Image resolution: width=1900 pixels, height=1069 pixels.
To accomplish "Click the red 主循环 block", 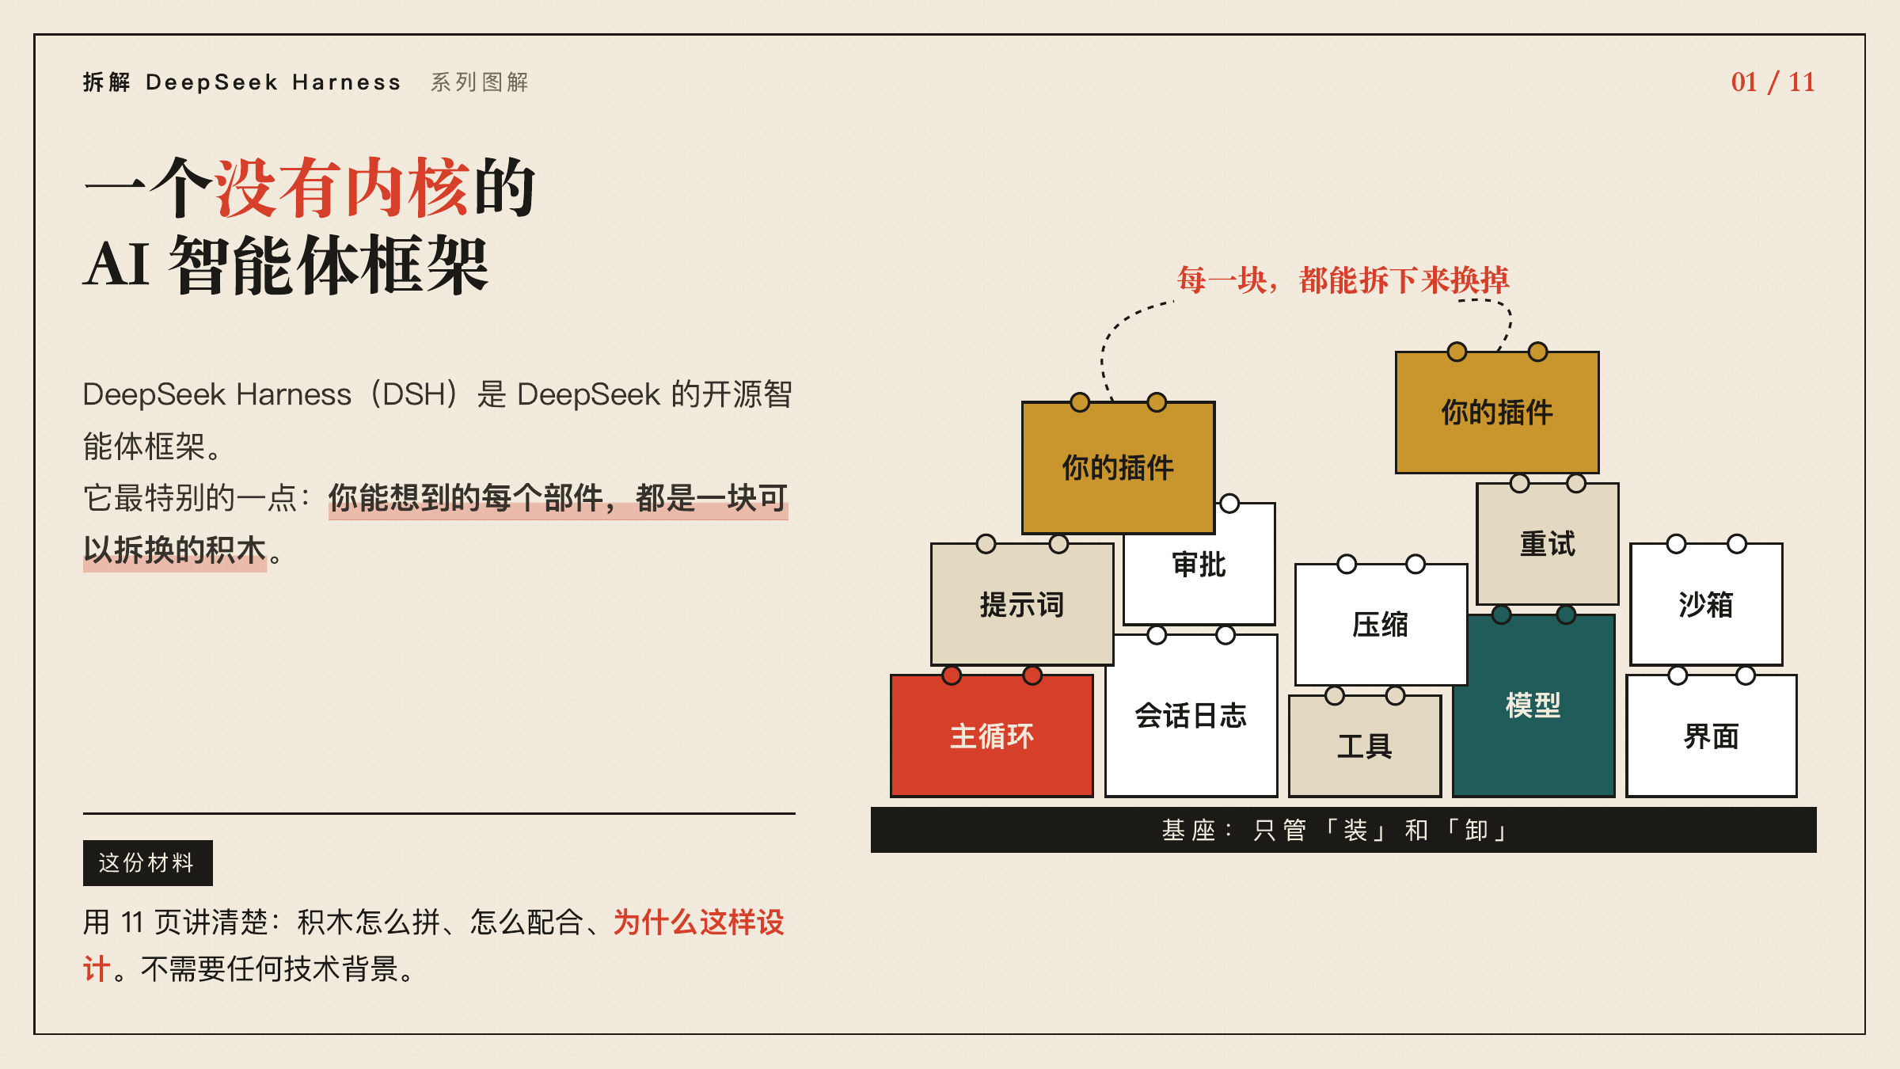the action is (x=992, y=736).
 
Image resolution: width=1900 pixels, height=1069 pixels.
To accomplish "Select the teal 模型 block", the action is (x=1533, y=706).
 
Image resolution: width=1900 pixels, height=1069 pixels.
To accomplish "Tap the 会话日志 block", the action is (x=1191, y=715).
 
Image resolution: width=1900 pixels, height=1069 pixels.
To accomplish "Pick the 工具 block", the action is (x=1365, y=746).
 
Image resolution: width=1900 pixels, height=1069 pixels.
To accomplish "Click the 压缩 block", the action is (x=1381, y=625).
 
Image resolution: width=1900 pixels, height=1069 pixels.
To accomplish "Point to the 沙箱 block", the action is (x=1706, y=604).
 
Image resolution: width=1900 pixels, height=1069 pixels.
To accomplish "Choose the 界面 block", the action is (x=1712, y=736).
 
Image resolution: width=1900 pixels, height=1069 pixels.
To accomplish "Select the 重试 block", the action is (x=1548, y=544).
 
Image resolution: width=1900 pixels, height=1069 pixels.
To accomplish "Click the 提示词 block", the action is (x=1022, y=604).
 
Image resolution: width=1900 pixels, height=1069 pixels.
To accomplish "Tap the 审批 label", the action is (x=1199, y=565).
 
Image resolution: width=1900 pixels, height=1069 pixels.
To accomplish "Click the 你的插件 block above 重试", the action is (x=1497, y=413).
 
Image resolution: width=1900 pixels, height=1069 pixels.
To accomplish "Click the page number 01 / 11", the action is (x=1773, y=82).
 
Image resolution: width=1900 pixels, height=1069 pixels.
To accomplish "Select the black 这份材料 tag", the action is (x=147, y=862).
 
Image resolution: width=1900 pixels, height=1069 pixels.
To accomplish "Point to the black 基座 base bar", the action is (x=1343, y=830).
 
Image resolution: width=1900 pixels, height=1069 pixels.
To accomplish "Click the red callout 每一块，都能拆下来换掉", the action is (x=1343, y=280).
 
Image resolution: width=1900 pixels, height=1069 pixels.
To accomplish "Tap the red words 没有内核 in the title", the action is (x=343, y=188).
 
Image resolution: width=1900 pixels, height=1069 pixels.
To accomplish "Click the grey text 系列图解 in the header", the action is (x=480, y=82).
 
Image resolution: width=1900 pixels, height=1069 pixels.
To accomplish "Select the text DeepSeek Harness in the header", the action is (x=273, y=82).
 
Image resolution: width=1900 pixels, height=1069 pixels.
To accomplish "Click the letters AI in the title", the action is (x=117, y=264).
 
